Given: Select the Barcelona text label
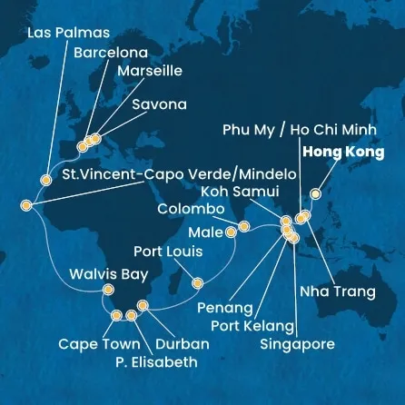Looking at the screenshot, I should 110,52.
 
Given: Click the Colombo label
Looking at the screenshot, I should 191,209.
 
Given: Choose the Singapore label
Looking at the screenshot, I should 297,344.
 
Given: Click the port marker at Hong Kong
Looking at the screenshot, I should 315,193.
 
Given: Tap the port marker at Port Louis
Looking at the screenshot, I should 197,282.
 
